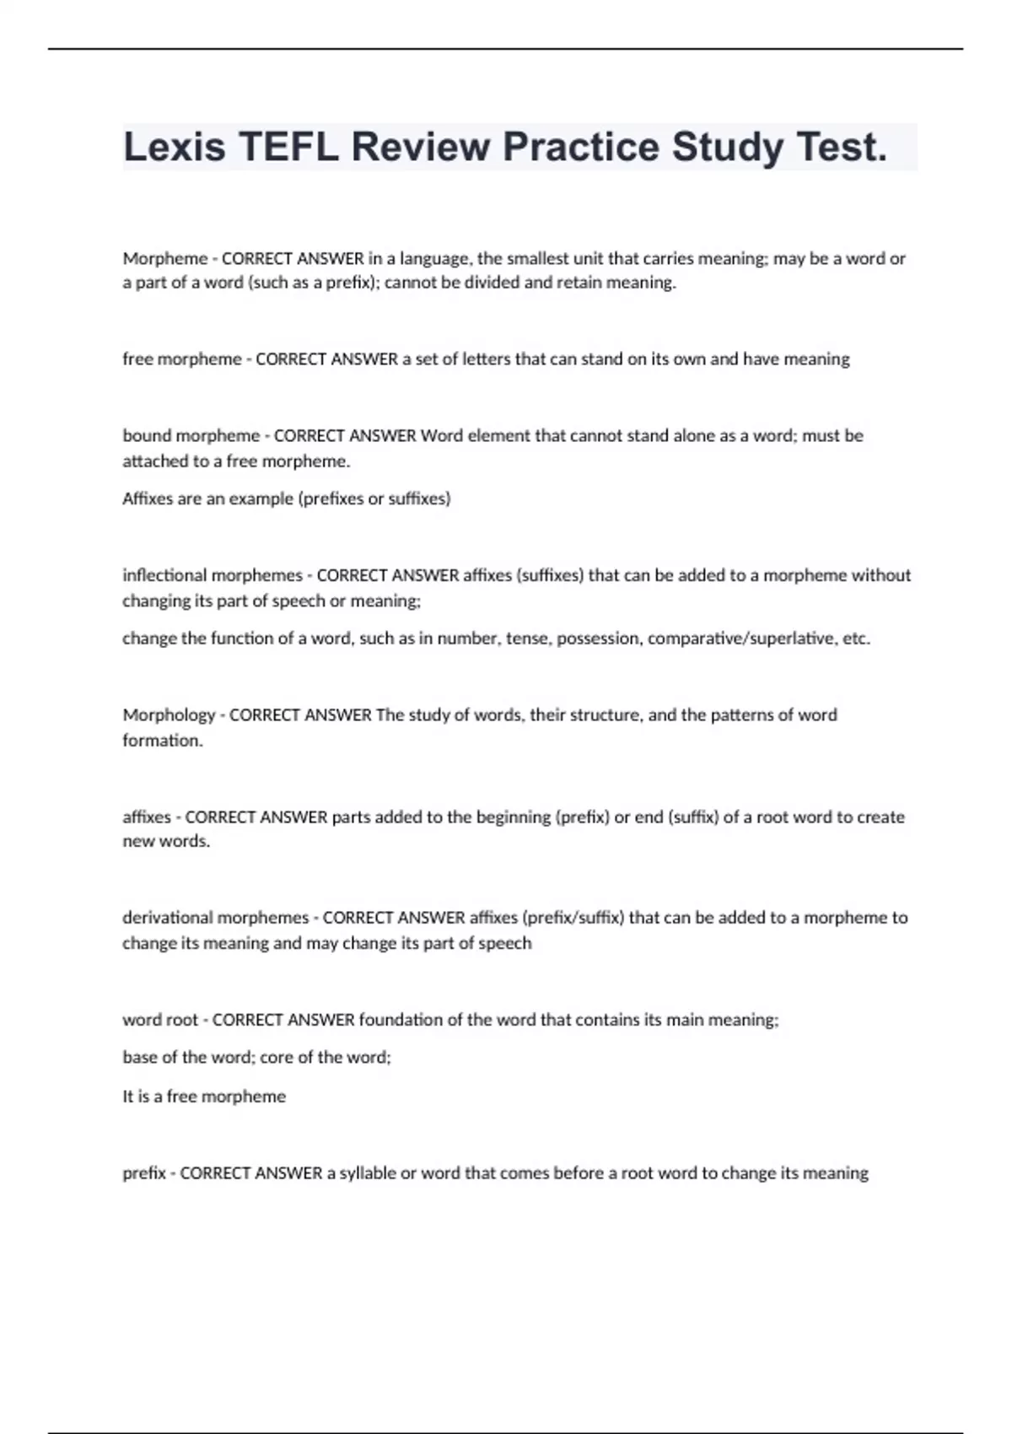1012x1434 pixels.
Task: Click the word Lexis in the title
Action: click(x=175, y=148)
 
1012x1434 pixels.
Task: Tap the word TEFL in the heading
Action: click(x=289, y=148)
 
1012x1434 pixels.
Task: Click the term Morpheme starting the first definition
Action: click(x=165, y=259)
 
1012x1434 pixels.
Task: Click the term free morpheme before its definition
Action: click(x=182, y=359)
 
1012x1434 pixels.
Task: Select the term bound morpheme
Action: click(x=191, y=436)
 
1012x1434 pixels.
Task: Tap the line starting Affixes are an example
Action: click(x=287, y=499)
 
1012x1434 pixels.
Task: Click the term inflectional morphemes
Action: click(x=213, y=575)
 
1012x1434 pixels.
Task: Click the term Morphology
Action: click(x=169, y=715)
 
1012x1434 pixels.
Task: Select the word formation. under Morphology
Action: click(x=163, y=741)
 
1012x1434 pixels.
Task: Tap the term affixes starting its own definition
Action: click(x=147, y=817)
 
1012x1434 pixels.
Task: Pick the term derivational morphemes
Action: click(x=216, y=918)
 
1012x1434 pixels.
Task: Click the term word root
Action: click(x=160, y=1020)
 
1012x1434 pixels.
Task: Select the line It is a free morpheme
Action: click(x=204, y=1097)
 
